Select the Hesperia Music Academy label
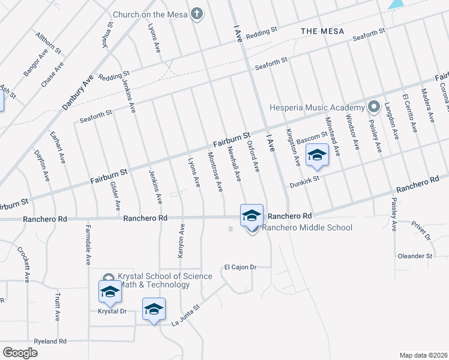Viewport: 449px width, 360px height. pyautogui.click(x=326, y=108)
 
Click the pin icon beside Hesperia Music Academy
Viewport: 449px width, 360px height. pyautogui.click(x=374, y=107)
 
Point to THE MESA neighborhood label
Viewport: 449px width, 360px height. pyautogui.click(x=322, y=31)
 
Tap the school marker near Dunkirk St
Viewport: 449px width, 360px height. pyautogui.click(x=316, y=156)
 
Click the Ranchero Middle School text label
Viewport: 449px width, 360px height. pyautogui.click(x=307, y=227)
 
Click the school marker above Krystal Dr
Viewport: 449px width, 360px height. pyautogui.click(x=110, y=292)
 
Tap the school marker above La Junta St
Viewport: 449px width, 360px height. pyautogui.click(x=154, y=310)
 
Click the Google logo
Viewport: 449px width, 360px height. pyautogui.click(x=20, y=352)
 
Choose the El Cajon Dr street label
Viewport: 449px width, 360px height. pyautogui.click(x=240, y=267)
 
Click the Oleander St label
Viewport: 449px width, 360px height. pyautogui.click(x=415, y=256)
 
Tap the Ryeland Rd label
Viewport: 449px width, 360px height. pyautogui.click(x=50, y=341)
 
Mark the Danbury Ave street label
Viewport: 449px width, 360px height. pyautogui.click(x=77, y=93)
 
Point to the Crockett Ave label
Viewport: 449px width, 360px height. pyautogui.click(x=27, y=265)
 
